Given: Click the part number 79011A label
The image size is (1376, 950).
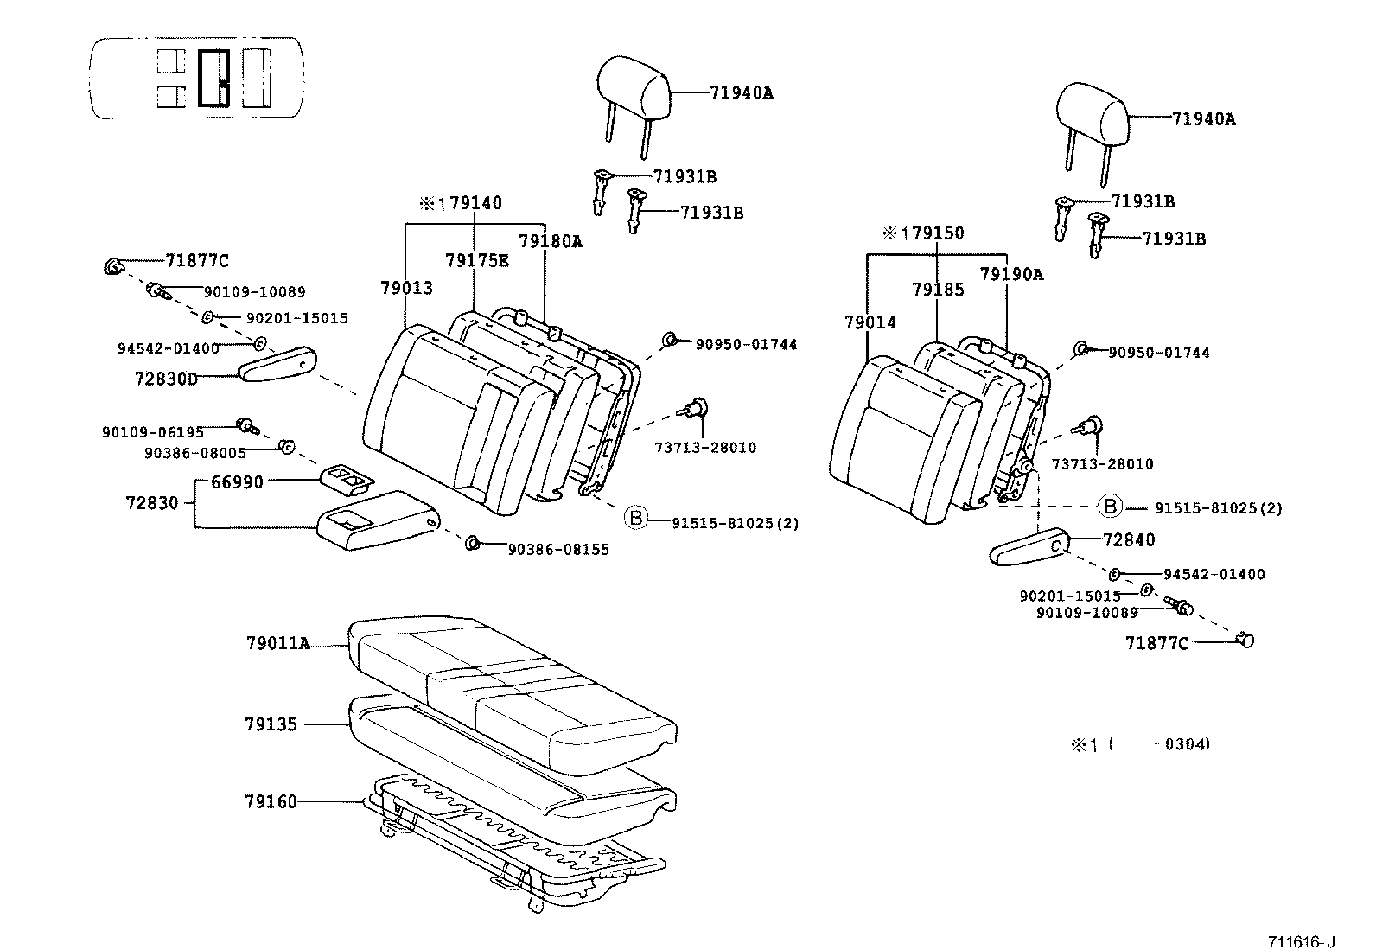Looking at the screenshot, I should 277,643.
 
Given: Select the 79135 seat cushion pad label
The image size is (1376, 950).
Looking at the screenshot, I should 270,724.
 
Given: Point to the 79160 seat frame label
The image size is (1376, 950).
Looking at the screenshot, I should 270,802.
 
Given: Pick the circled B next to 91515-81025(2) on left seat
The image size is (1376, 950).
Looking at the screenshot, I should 635,518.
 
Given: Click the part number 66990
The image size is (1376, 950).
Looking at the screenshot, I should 237,481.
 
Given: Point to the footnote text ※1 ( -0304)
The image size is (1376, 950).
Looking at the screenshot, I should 1140,744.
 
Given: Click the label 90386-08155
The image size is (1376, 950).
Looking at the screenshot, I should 557,550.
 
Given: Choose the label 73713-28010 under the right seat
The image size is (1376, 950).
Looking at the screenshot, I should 1102,464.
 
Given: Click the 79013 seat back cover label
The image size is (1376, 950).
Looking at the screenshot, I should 406,288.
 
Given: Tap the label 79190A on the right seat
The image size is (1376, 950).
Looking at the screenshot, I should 1011,274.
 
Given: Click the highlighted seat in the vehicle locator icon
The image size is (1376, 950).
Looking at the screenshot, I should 213,78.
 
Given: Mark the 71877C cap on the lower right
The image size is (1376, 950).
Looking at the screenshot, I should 1246,640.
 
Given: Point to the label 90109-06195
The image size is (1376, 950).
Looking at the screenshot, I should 153,432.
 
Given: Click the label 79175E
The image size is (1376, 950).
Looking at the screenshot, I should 476,260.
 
